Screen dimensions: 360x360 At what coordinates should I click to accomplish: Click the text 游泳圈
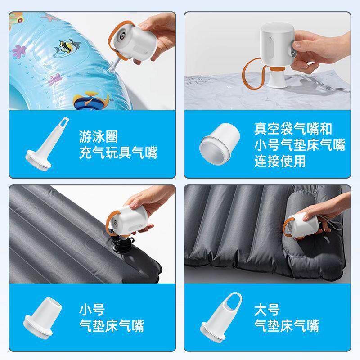98,135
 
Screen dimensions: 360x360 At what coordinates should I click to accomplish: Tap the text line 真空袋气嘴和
293,129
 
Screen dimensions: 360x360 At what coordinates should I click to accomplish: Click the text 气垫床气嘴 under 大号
287,325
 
